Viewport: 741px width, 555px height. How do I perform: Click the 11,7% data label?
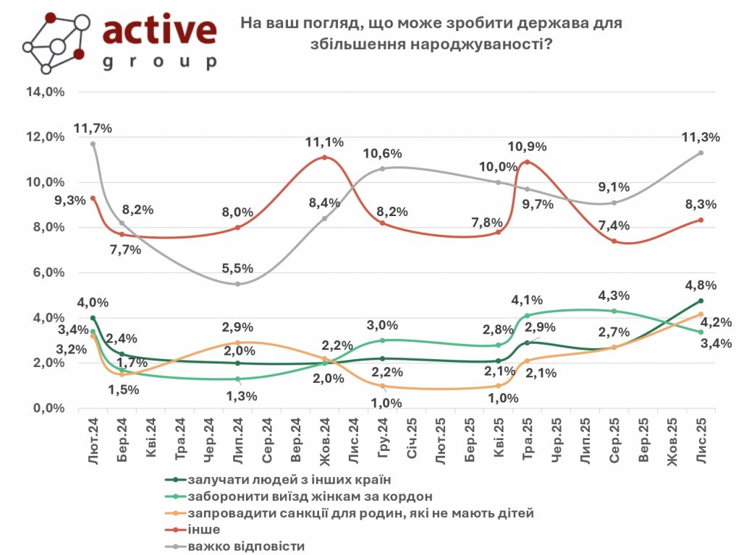click(x=93, y=129)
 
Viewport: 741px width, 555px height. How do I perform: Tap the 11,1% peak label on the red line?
click(x=324, y=142)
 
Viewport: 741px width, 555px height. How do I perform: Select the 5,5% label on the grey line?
click(x=237, y=268)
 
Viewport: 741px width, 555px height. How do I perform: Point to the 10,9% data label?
click(x=528, y=147)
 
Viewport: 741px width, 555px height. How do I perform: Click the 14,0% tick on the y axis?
click(x=45, y=92)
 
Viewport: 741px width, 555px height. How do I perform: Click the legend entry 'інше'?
click(x=203, y=530)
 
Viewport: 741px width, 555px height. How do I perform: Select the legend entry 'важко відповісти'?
click(x=245, y=546)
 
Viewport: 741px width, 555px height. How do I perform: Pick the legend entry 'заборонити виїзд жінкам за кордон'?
click(x=310, y=496)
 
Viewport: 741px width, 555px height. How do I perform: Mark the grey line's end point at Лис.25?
click(x=700, y=152)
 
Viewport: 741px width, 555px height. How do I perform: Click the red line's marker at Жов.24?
click(x=324, y=157)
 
